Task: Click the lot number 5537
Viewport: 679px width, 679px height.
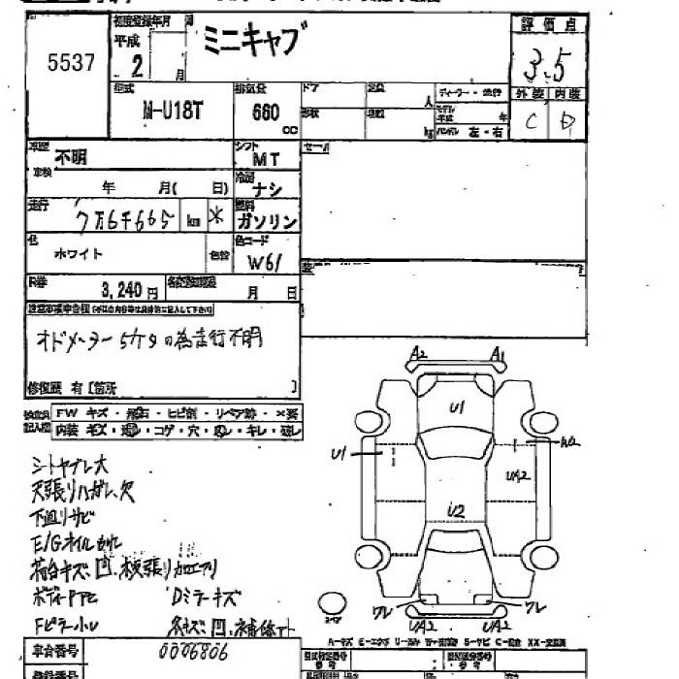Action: pyautogui.click(x=71, y=64)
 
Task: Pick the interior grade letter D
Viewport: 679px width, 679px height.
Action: pyautogui.click(x=568, y=122)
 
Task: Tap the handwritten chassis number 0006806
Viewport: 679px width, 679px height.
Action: pyautogui.click(x=192, y=654)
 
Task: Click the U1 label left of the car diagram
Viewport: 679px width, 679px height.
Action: pyautogui.click(x=339, y=453)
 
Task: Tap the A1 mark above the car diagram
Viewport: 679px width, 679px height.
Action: pyautogui.click(x=498, y=354)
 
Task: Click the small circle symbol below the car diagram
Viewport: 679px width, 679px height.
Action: pyautogui.click(x=332, y=605)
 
